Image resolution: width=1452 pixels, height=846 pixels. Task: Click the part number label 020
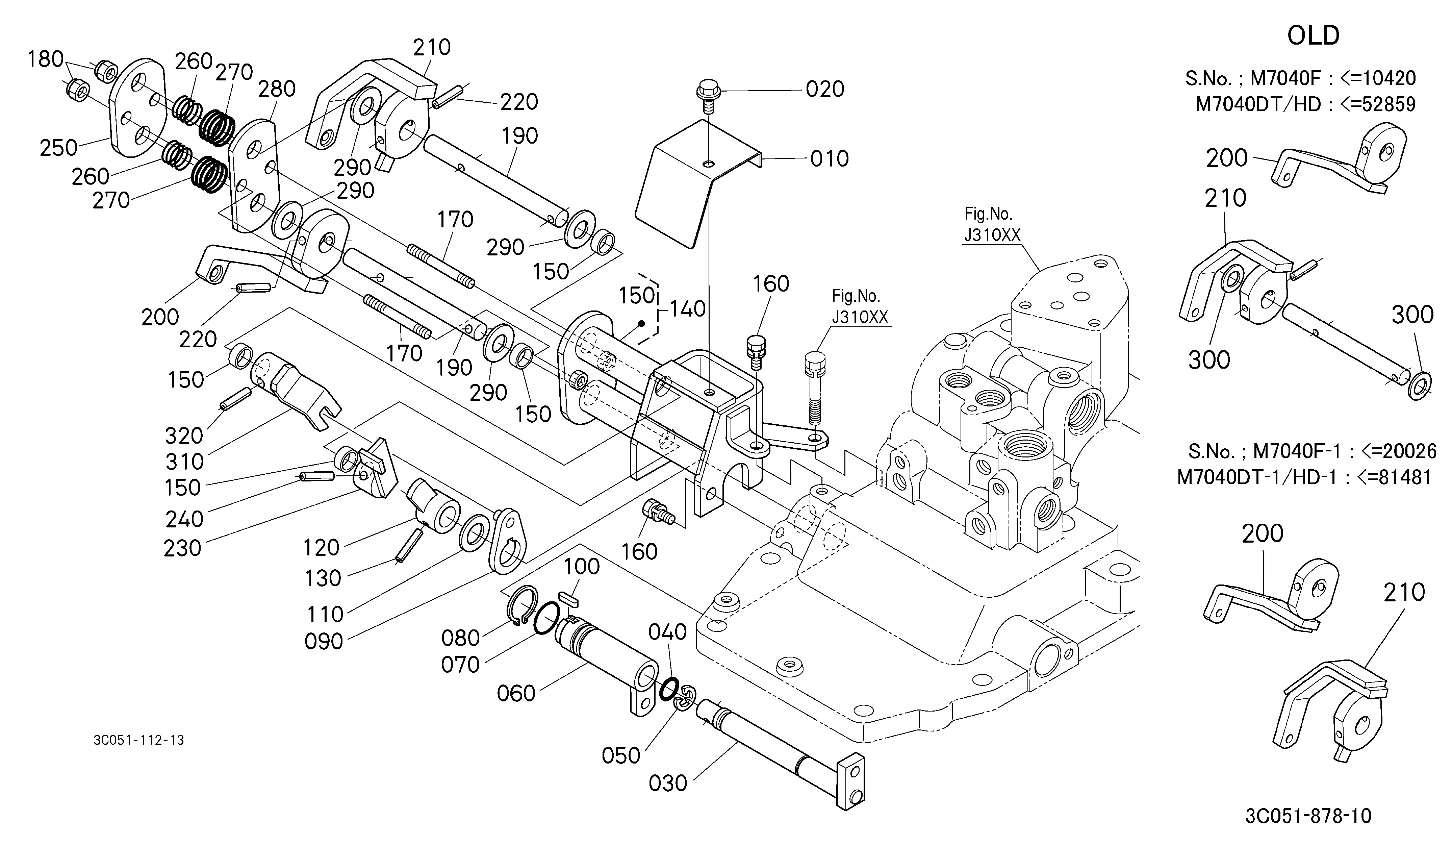(x=825, y=89)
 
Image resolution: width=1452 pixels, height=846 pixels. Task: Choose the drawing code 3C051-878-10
(x=1308, y=817)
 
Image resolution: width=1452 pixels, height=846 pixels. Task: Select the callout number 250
(x=58, y=148)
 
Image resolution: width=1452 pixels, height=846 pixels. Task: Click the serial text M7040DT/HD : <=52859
(x=1306, y=104)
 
